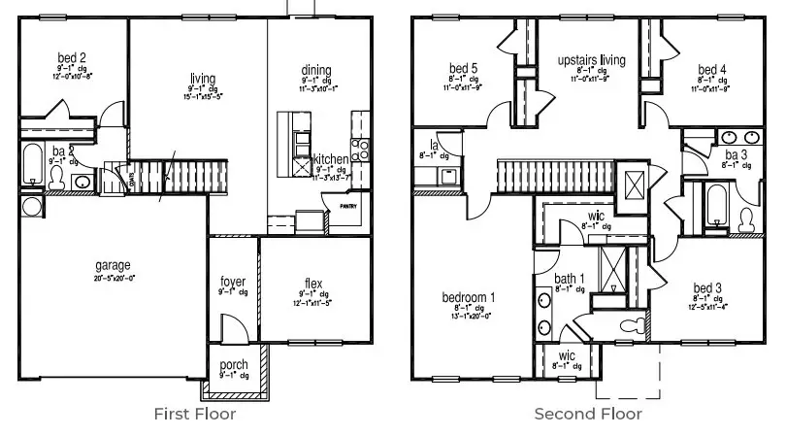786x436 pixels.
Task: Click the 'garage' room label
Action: click(113, 265)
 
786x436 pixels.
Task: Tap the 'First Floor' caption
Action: click(194, 414)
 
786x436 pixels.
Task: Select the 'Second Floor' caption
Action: click(587, 414)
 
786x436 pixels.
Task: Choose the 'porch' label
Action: click(234, 365)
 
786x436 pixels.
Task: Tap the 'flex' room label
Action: click(311, 284)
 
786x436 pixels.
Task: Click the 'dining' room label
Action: click(315, 70)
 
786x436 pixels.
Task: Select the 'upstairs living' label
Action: click(591, 60)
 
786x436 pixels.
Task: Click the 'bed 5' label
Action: click(464, 68)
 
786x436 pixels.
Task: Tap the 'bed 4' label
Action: click(711, 69)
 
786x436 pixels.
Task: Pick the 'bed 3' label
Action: click(707, 287)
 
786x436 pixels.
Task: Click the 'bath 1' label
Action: click(570, 280)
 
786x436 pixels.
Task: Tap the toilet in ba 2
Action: click(57, 178)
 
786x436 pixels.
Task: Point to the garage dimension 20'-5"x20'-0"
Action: click(113, 277)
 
